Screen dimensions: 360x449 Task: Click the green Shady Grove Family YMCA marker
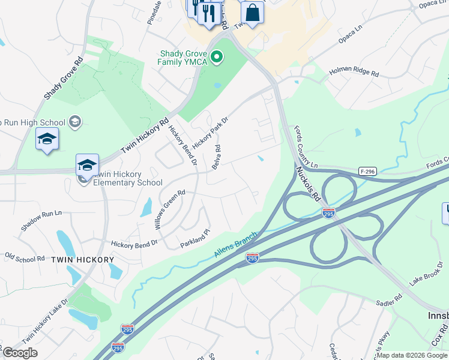click(217, 58)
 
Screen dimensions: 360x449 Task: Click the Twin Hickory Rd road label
click(145, 135)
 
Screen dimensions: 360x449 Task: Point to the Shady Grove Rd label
click(63, 79)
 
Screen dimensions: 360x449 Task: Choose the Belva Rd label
click(216, 157)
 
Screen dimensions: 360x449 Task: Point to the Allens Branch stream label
click(236, 245)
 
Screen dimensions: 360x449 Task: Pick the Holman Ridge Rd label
click(354, 74)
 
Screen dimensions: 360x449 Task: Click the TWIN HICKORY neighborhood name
click(82, 260)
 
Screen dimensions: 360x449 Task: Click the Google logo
click(20, 353)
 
